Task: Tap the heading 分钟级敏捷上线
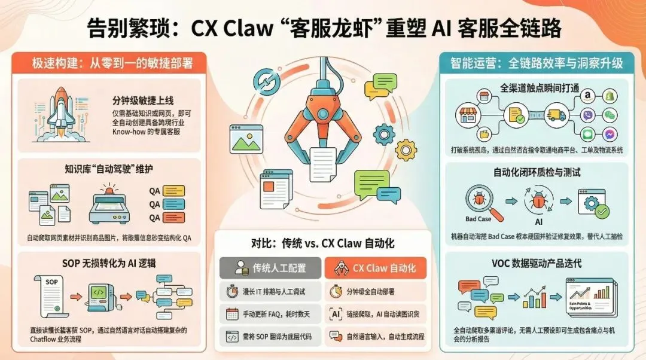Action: coord(142,99)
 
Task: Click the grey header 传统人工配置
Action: coord(270,267)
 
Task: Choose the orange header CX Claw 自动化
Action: coord(375,267)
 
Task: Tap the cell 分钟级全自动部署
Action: coord(375,292)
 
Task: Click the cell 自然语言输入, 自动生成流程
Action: coord(375,336)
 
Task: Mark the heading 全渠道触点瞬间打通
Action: coord(541,87)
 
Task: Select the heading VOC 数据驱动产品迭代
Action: coord(538,263)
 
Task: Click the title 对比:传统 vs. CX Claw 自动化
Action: coord(322,244)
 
